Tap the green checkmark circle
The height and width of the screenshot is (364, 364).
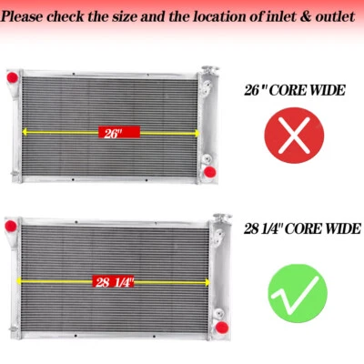click(296, 291)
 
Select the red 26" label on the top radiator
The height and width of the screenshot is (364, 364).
click(112, 132)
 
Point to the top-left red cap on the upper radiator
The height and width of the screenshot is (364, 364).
click(13, 79)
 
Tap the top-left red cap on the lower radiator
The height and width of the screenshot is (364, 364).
click(13, 228)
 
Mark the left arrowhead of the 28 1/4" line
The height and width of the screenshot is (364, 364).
click(23, 282)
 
